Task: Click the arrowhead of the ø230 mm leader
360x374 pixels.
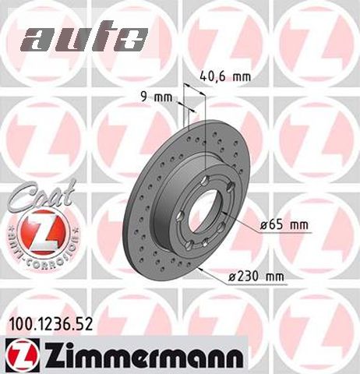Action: [201, 268]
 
